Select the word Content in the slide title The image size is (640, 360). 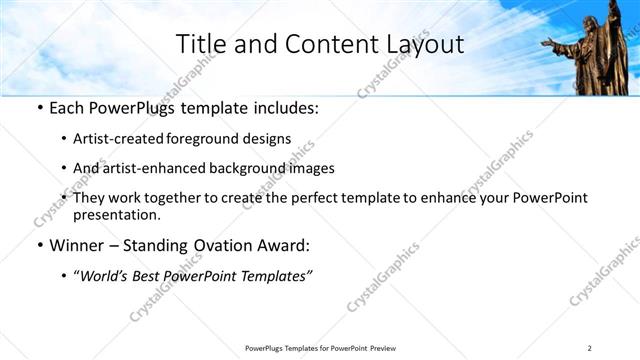tap(318, 44)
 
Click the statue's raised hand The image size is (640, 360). tap(547, 42)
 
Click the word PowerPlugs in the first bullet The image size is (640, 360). tap(129, 109)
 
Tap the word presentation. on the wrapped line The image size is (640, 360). tap(116, 214)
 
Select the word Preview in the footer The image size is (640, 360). tap(384, 348)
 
